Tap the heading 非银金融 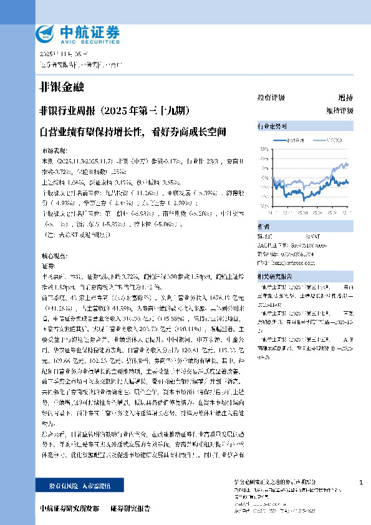coord(61,87)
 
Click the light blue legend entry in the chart coord(327,141)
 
